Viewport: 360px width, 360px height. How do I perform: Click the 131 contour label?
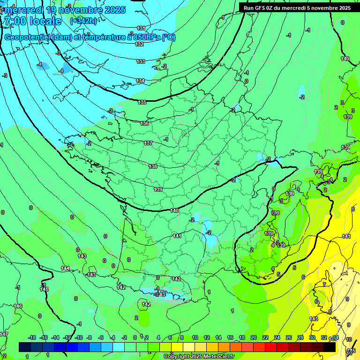141,28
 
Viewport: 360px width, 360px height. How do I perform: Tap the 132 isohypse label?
139,44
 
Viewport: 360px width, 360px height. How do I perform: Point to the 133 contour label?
141,61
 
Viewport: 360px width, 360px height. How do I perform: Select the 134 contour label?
140,81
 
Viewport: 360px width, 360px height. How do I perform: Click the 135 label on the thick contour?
142,102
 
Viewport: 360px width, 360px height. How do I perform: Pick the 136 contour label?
144,123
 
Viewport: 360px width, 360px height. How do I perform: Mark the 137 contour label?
148,143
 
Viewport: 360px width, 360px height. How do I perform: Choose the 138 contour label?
153,166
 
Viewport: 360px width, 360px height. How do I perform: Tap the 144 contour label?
65,268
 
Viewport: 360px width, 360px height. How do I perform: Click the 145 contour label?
44,289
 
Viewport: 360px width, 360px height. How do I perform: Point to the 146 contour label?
18,306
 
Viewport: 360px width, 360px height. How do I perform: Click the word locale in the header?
45,21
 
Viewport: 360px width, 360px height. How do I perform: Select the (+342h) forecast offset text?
83,21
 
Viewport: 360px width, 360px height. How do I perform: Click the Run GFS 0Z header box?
297,7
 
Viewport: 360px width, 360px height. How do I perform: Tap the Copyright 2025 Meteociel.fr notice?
199,356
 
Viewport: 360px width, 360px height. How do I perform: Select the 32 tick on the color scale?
324,337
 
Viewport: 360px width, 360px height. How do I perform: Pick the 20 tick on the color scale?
253,337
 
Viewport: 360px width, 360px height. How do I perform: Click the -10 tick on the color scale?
79,337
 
